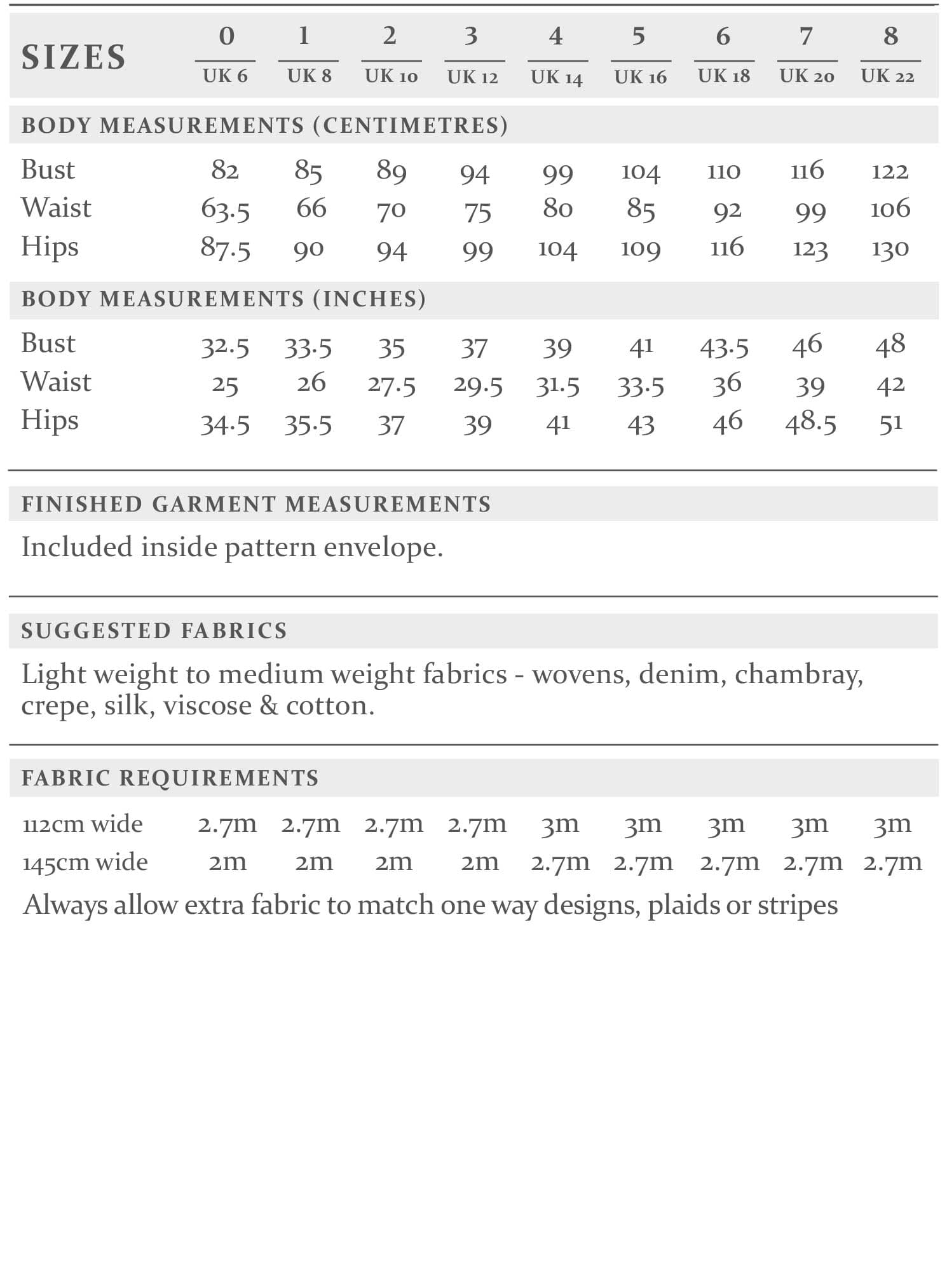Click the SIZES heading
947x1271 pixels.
tap(74, 57)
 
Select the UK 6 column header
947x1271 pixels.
tap(225, 76)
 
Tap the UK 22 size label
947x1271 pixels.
tap(888, 76)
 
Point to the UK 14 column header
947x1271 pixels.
tap(557, 78)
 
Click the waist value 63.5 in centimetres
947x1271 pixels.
tap(225, 210)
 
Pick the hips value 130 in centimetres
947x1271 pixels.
tap(890, 248)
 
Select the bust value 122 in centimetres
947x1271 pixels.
tap(890, 171)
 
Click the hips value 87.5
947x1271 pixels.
tap(225, 248)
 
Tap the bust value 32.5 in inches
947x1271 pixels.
tap(225, 347)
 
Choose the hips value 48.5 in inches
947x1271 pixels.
tap(810, 422)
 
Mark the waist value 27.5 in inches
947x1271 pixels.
tap(392, 386)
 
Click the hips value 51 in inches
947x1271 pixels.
tap(890, 423)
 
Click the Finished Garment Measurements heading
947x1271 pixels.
tap(256, 504)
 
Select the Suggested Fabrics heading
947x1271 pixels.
tap(154, 630)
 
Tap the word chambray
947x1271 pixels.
tap(799, 674)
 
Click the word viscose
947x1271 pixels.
tap(207, 705)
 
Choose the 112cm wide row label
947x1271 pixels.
tap(83, 824)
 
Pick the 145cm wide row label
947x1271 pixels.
tap(85, 862)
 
